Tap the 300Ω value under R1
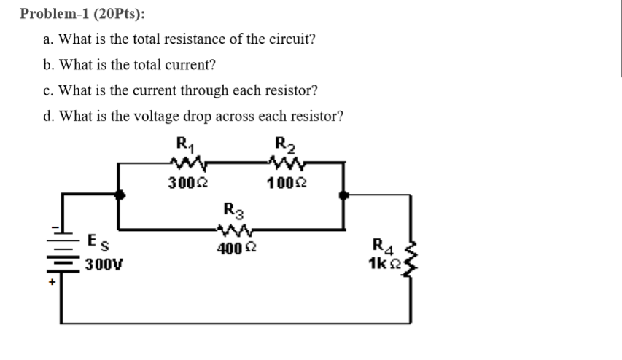click(x=181, y=181)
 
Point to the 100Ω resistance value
click(x=279, y=181)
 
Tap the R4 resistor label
click(x=382, y=246)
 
